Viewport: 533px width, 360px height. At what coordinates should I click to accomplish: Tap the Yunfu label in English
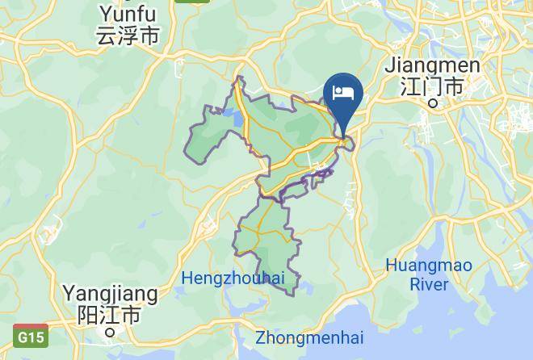(x=128, y=13)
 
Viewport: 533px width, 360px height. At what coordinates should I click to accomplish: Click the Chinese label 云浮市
(x=128, y=36)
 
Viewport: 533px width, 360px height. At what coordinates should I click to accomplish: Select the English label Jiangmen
(x=433, y=65)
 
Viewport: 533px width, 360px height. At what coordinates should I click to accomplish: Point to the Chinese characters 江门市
(x=433, y=86)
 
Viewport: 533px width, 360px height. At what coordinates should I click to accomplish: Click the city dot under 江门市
(x=433, y=103)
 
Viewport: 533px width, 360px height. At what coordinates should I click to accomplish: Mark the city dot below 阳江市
(x=110, y=330)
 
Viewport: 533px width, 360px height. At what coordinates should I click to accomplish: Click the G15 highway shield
(x=31, y=334)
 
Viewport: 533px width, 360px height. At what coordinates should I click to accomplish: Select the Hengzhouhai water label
(x=233, y=278)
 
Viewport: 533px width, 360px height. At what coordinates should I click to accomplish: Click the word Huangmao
(x=428, y=265)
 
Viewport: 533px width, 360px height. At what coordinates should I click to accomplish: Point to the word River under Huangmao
(x=429, y=284)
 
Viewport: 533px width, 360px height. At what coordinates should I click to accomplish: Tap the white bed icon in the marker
(x=343, y=91)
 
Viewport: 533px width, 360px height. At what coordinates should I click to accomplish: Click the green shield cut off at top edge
(x=187, y=2)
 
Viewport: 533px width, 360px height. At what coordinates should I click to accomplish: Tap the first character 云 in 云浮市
(x=106, y=36)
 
